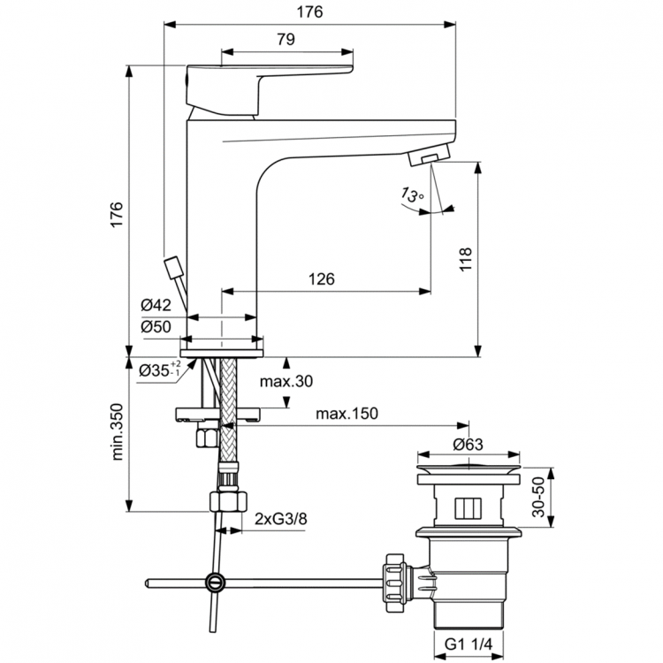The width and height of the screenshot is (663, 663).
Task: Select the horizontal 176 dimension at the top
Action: click(x=309, y=11)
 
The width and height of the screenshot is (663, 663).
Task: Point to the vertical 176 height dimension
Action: click(x=117, y=215)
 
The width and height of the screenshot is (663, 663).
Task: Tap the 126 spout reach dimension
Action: click(x=321, y=279)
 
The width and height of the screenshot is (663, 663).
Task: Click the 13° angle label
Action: click(x=412, y=193)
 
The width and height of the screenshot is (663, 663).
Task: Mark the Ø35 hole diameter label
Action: click(x=159, y=370)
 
